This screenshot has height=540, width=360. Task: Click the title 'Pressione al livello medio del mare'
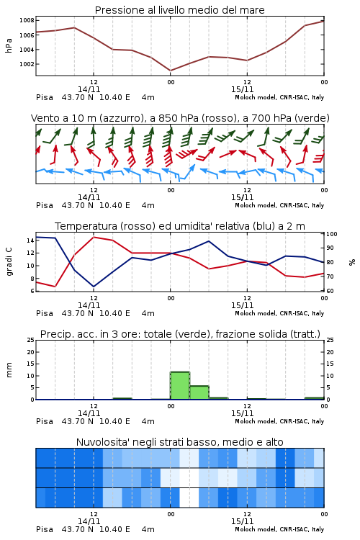(x=179, y=10)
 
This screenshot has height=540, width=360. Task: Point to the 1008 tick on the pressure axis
(x=27, y=20)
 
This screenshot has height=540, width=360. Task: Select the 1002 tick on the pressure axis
(x=27, y=64)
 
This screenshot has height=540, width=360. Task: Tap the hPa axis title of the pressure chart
(x=9, y=45)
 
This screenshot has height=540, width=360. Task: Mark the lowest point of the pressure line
(x=171, y=71)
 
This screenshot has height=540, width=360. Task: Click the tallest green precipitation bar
(x=180, y=385)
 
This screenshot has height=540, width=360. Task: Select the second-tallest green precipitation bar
(x=199, y=392)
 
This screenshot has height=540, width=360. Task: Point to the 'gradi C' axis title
(x=9, y=261)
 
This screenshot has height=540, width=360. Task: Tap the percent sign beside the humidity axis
(x=352, y=262)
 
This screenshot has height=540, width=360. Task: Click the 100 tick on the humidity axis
(x=332, y=234)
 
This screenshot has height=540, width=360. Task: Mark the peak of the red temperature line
(x=94, y=237)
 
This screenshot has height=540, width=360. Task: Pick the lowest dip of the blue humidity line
(x=94, y=287)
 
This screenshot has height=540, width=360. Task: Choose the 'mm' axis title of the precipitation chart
(x=9, y=370)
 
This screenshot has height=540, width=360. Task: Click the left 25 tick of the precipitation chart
(x=31, y=340)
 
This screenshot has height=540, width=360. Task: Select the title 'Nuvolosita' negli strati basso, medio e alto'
(x=179, y=442)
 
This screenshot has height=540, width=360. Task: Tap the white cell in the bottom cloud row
(x=189, y=498)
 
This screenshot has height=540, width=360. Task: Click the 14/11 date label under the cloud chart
(x=89, y=521)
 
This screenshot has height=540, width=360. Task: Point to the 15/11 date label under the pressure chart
(x=242, y=89)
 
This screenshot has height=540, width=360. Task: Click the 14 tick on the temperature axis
(x=30, y=240)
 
